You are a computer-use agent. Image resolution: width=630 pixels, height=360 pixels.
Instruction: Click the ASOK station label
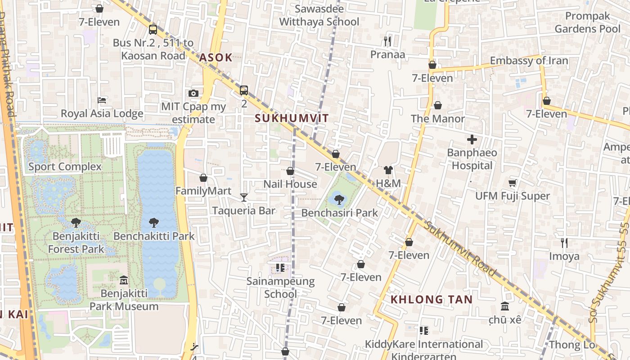[216, 57]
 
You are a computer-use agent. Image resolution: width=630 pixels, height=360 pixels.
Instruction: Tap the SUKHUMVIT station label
[292, 118]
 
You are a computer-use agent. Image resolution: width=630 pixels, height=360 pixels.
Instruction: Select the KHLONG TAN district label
[432, 299]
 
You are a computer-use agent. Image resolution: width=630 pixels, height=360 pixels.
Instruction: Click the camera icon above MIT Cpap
[193, 93]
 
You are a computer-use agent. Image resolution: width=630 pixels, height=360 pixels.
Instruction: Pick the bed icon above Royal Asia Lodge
[102, 100]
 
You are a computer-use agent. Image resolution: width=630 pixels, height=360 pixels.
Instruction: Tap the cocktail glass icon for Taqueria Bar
[244, 197]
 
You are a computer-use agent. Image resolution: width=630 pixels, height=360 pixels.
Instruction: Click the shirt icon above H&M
[388, 170]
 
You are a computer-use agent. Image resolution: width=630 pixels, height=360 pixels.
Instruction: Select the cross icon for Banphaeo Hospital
[472, 139]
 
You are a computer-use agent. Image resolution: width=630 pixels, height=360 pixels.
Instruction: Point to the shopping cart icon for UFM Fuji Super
[512, 183]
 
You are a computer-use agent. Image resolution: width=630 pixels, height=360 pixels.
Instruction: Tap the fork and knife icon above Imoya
[564, 243]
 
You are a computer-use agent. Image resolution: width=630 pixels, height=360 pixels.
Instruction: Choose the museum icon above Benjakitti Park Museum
[124, 281]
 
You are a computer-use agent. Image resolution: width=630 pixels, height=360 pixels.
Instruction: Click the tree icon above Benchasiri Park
[339, 199]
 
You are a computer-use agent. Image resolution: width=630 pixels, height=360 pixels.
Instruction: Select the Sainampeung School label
[280, 288]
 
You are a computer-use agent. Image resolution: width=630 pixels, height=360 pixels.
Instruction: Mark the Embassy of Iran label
[529, 60]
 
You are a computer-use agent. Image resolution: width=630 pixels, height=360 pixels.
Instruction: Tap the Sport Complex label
[65, 166]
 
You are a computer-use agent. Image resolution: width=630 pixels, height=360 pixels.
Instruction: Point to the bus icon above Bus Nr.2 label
[153, 30]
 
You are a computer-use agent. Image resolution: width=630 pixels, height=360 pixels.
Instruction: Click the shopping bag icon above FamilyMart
[203, 178]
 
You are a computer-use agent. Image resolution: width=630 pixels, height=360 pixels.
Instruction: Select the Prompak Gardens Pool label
[587, 22]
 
